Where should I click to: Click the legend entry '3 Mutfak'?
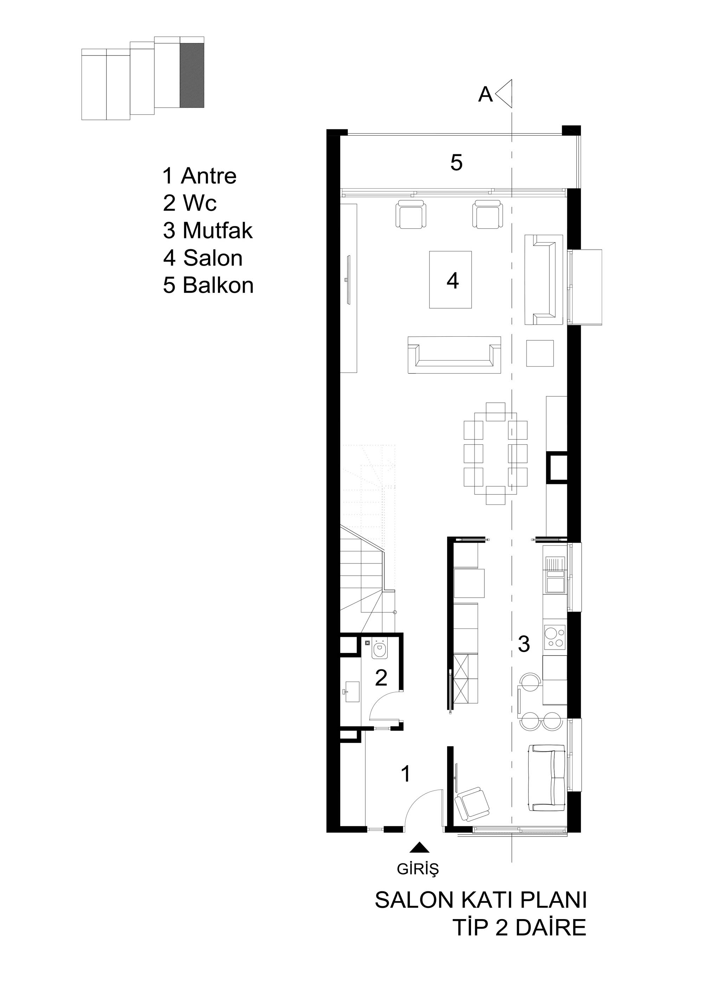point(208,231)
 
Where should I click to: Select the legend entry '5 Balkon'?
point(208,286)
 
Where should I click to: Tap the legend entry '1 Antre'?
point(199,176)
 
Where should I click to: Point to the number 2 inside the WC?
point(381,678)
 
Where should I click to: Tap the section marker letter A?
point(485,95)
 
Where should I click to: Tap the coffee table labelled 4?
point(450,280)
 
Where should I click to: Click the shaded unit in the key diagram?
point(192,75)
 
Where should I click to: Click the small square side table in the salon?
point(540,354)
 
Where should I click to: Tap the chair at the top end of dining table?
point(495,412)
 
